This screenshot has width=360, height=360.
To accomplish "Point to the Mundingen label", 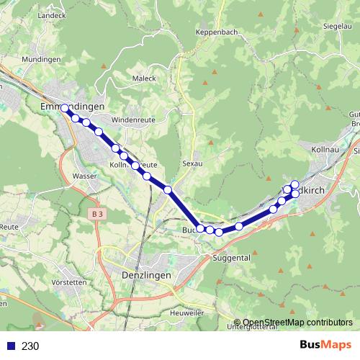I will [x=42, y=59].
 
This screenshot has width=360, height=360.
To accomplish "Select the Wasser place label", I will [x=86, y=176].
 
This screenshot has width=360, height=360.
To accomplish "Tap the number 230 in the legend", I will [x=30, y=346].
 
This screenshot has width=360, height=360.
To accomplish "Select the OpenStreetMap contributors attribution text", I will [x=297, y=322].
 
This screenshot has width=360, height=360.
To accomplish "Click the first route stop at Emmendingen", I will [x=65, y=108].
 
